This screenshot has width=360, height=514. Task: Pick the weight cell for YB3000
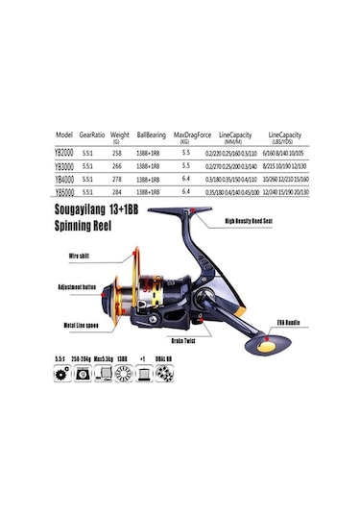coord(117,164)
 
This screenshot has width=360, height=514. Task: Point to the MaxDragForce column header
coord(193,135)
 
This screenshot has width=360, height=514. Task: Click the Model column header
coord(64,135)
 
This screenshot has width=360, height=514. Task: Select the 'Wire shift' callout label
coord(80,257)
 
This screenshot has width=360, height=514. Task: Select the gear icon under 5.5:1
coord(62,375)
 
